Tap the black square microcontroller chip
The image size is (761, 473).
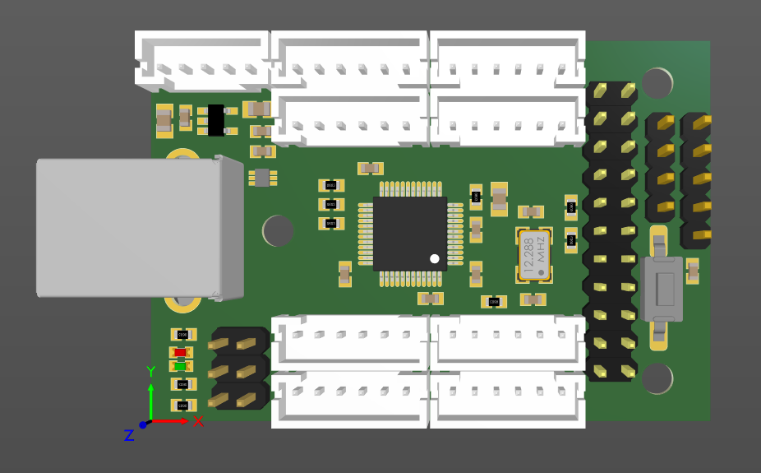coord(409,233)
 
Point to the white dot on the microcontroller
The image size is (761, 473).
coord(435,258)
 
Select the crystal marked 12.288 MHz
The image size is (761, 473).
coord(533,254)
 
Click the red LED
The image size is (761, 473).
coord(181,353)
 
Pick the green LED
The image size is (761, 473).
coord(181,366)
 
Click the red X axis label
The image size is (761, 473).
coord(198,422)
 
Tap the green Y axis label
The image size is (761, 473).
coord(151,372)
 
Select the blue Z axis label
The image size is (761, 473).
coord(129,435)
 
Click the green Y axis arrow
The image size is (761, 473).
coord(151,399)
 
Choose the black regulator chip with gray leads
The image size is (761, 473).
coord(215,120)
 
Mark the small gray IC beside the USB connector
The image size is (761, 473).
coord(261,177)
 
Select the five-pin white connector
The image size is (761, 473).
coord(202,63)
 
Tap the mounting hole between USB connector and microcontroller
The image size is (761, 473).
coord(278,230)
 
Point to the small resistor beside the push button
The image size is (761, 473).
coord(693,270)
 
